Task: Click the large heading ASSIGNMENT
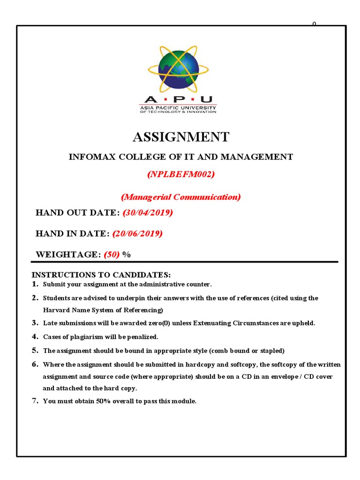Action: click(x=181, y=137)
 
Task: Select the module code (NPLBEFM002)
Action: click(x=181, y=174)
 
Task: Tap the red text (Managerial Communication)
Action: click(x=181, y=197)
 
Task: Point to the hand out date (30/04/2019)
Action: click(x=148, y=213)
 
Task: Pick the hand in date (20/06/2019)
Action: click(x=137, y=233)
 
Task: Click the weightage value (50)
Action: click(x=112, y=255)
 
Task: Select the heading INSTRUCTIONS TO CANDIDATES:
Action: click(x=101, y=275)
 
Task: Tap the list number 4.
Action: click(x=35, y=337)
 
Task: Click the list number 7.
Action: click(x=35, y=401)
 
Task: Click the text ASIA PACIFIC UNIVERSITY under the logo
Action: click(x=178, y=107)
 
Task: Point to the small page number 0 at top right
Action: click(x=314, y=23)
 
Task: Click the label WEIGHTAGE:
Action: click(x=68, y=255)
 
